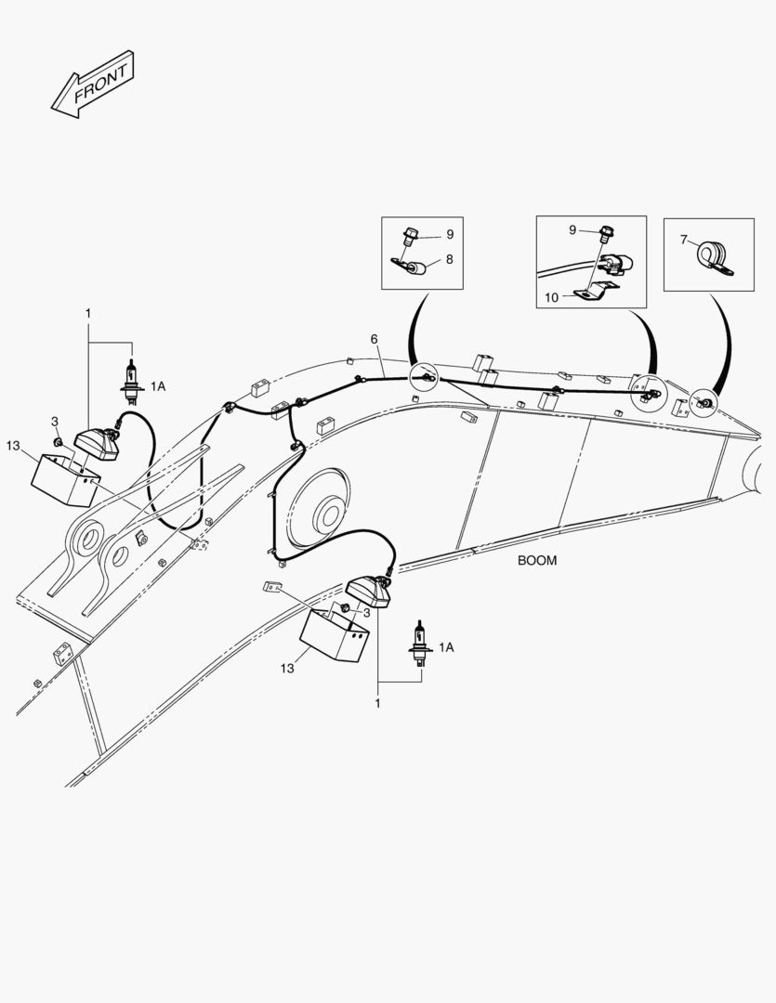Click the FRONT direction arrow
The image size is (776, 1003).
point(92,85)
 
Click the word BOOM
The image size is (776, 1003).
point(537,560)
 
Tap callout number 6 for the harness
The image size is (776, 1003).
point(374,339)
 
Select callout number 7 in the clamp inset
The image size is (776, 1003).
point(684,240)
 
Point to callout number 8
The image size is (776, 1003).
point(449,260)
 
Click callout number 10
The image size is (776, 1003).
point(551,297)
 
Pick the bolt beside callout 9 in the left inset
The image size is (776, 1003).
point(410,236)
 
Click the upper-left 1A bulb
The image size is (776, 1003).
point(131,383)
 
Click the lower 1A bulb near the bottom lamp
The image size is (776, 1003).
point(420,644)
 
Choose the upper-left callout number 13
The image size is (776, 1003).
point(13,446)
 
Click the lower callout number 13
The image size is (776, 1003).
point(287,669)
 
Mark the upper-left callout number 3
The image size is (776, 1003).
point(55,421)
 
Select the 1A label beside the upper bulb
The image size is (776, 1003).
point(157,386)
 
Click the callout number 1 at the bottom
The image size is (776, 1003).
point(377,704)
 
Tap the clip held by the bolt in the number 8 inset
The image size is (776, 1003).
point(409,266)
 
